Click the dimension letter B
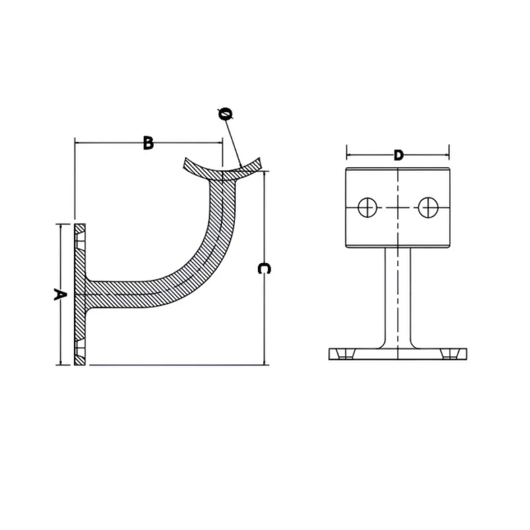[148, 143]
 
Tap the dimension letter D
[398, 156]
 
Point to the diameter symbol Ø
[225, 114]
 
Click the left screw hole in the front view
[367, 207]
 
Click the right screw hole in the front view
[427, 207]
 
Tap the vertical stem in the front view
[397, 297]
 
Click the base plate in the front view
[397, 354]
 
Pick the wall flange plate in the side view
[80, 294]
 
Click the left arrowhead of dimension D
[349, 156]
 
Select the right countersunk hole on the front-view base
[449, 354]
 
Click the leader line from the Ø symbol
[233, 142]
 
